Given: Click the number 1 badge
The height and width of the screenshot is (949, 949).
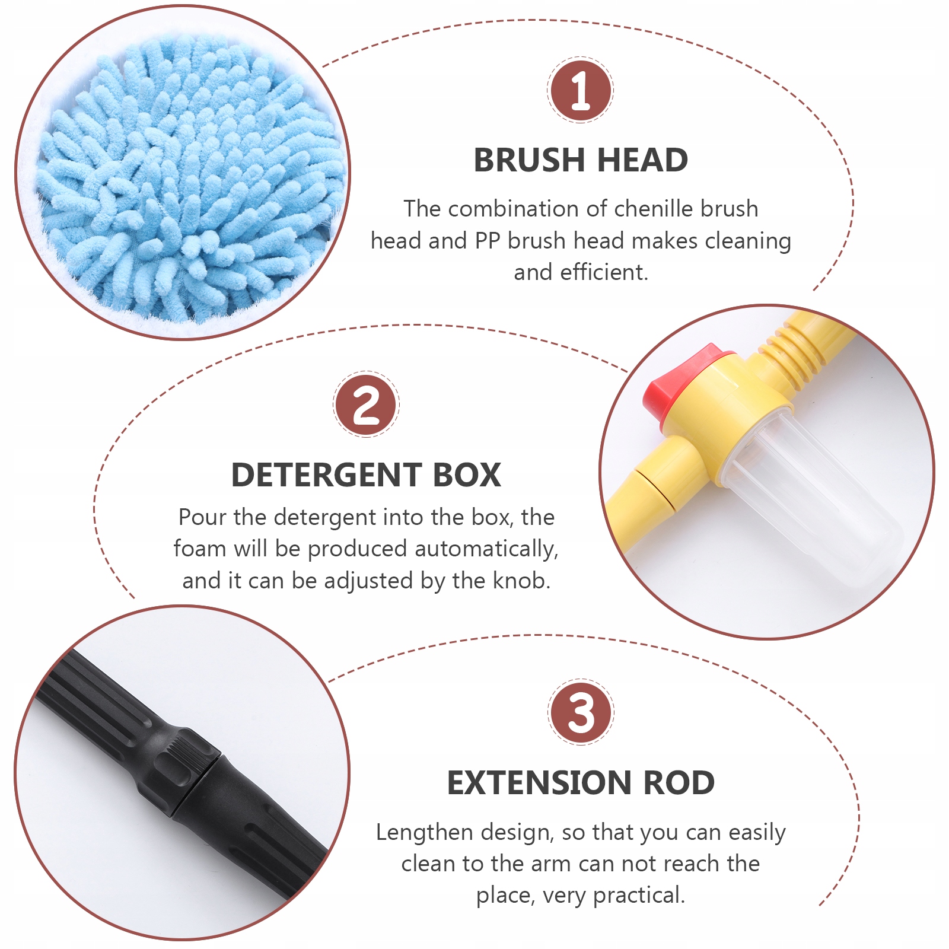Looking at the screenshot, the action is point(580,90).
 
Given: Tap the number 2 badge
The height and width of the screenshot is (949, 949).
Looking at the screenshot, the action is point(366,405).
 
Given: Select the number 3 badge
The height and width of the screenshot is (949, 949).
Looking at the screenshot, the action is point(581,712).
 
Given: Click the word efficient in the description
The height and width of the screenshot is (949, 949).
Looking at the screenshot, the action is point(604,272).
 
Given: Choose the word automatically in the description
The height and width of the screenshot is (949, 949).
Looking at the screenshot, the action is point(486,549).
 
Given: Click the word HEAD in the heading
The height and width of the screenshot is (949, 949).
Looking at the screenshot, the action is point(642,160).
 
